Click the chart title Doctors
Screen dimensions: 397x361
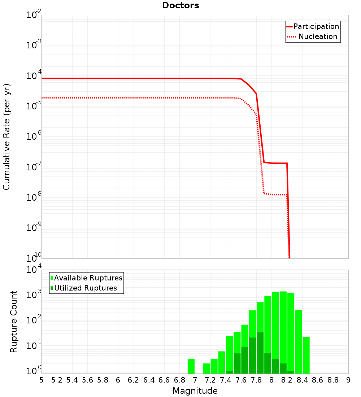(x=180, y=6)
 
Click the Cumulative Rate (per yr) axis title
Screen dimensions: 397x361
(x=6, y=137)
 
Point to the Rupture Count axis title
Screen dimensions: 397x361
(x=14, y=322)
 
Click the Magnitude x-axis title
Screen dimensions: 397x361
(x=195, y=391)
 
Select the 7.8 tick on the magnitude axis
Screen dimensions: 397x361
(x=256, y=380)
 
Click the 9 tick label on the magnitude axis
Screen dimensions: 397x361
(x=348, y=380)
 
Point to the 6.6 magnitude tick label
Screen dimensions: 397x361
(x=164, y=380)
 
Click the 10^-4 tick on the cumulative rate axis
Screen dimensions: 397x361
(x=34, y=76)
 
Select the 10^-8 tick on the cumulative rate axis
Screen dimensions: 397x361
(x=34, y=197)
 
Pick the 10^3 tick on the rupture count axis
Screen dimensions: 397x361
(x=34, y=295)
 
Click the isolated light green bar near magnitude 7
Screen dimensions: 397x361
(x=191, y=366)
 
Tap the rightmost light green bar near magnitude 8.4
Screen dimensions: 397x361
(x=306, y=355)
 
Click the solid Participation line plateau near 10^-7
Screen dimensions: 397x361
(x=276, y=163)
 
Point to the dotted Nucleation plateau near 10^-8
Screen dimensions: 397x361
(x=276, y=195)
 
